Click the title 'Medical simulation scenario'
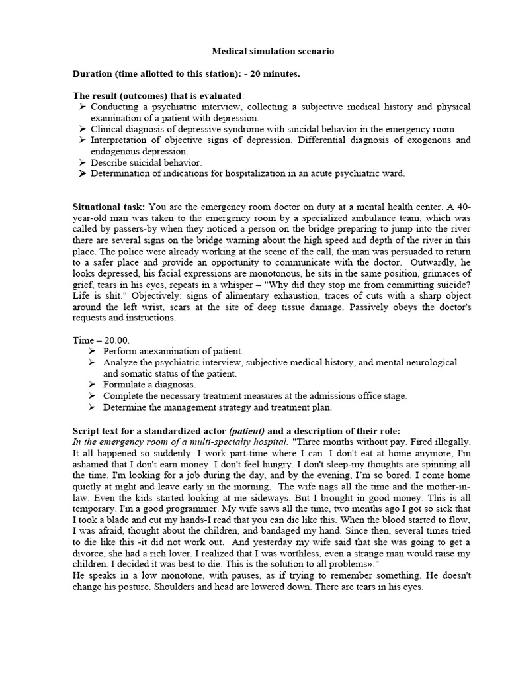click(x=273, y=51)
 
